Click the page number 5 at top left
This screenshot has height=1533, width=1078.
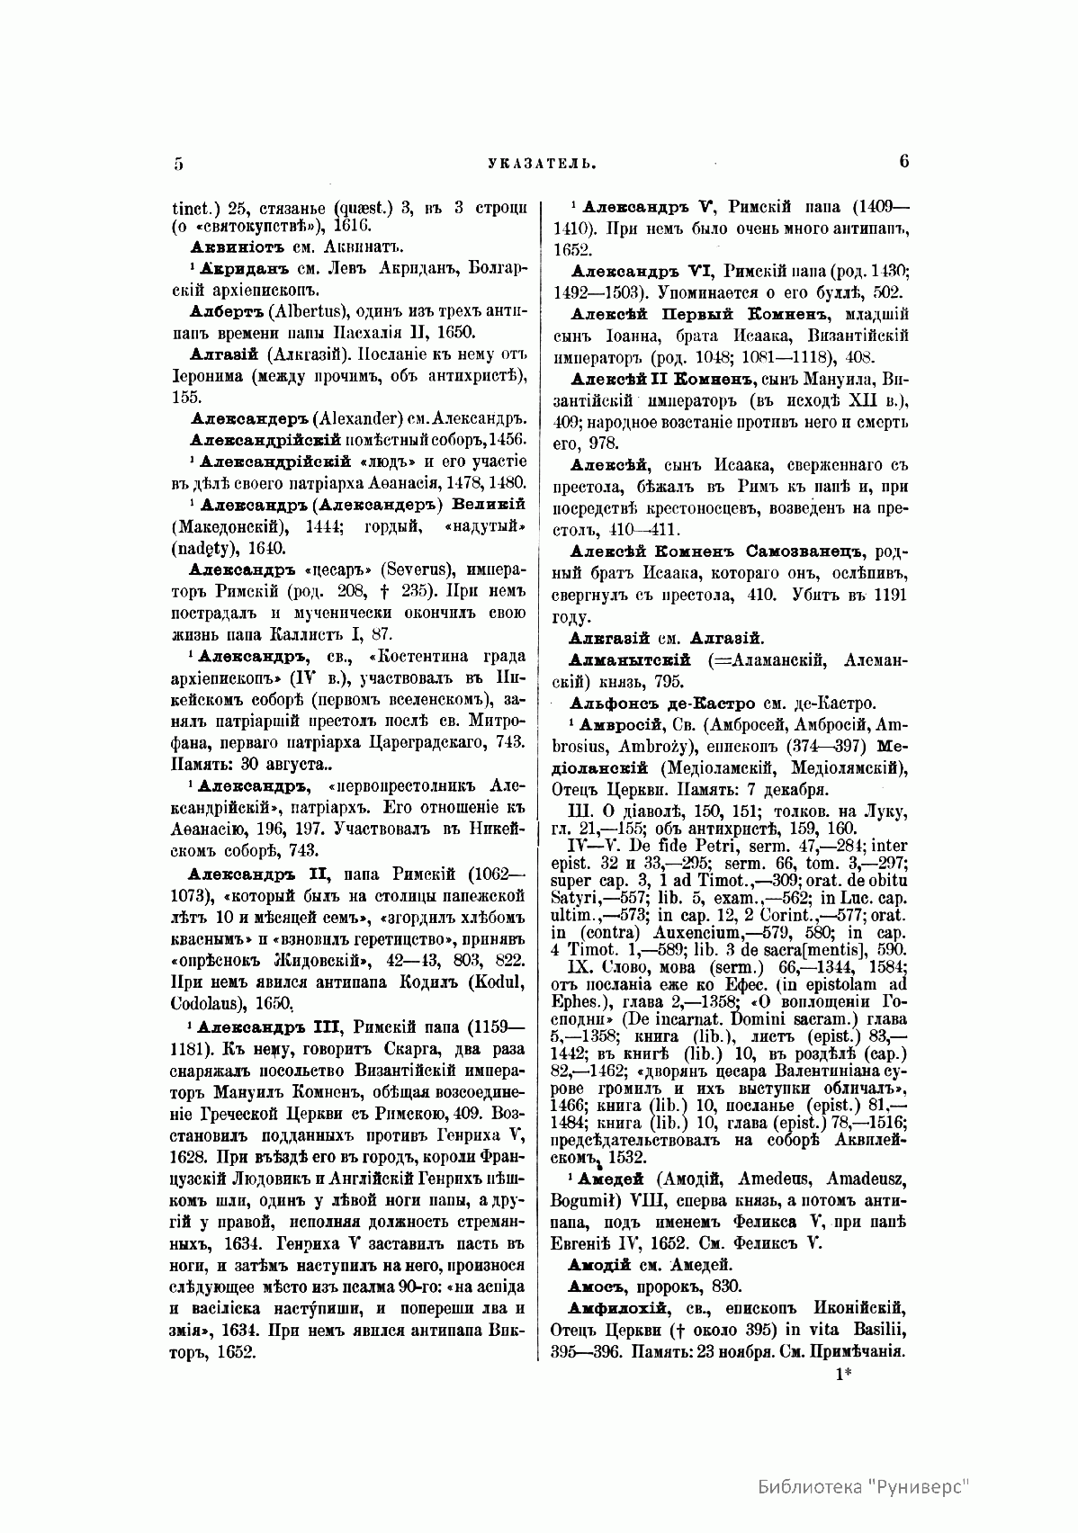[x=178, y=163]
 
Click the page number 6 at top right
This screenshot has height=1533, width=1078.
[x=903, y=161]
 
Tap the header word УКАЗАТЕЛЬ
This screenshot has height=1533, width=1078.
[x=540, y=164]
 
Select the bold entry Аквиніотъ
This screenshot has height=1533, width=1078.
[x=236, y=246]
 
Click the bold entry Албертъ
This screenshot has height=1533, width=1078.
[x=220, y=308]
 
